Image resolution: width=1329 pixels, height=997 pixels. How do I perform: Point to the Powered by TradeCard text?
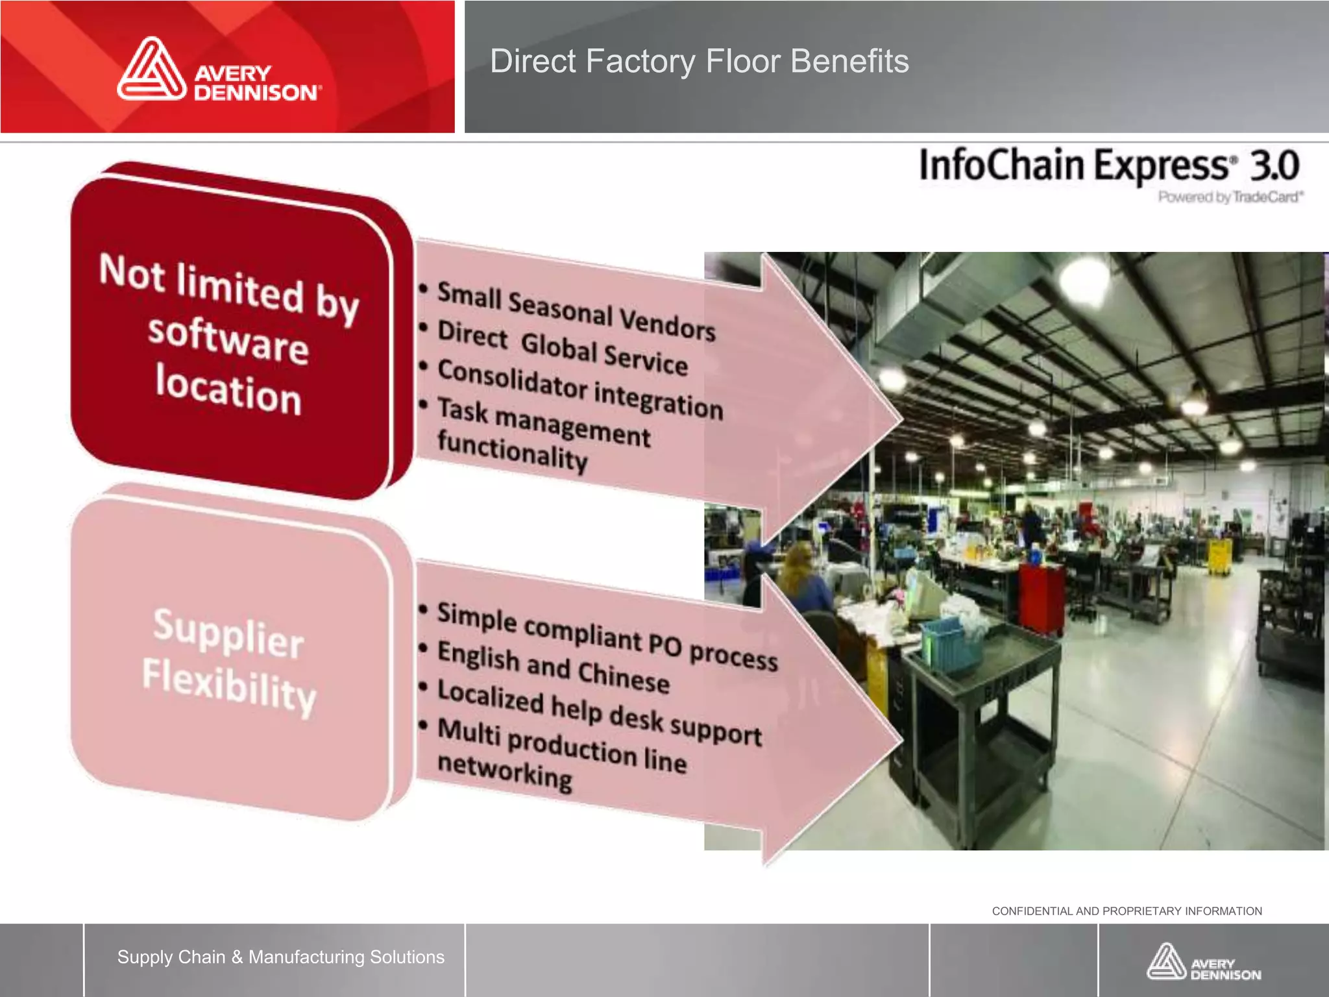point(1230,197)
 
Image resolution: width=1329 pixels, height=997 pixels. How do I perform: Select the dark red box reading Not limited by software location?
point(230,334)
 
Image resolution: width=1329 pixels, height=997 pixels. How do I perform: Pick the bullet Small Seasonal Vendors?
point(576,310)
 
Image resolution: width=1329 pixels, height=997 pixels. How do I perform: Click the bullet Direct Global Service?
point(562,347)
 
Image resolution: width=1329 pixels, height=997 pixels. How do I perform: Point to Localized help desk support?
point(599,713)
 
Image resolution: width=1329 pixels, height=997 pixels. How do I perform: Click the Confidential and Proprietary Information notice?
point(1127,911)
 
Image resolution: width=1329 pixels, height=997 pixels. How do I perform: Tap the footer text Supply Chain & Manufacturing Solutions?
point(280,957)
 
